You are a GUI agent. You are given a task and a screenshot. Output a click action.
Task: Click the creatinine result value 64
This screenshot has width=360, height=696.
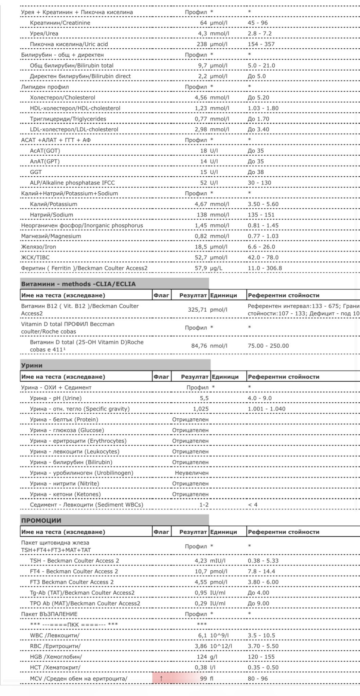point(203,23)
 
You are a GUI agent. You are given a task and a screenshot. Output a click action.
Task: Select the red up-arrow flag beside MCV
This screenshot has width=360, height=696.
point(161,679)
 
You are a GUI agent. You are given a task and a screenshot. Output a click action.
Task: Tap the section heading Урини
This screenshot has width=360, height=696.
point(32,366)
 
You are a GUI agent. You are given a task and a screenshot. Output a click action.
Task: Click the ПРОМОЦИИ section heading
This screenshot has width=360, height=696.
point(41,521)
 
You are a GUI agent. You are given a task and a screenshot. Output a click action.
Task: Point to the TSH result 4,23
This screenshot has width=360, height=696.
point(201,561)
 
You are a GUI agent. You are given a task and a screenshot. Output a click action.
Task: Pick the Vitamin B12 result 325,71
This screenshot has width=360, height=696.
point(197,310)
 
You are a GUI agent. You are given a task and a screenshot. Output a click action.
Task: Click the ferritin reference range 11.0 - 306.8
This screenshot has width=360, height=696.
point(265,268)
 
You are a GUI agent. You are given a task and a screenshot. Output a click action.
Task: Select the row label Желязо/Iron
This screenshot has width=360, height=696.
point(39,247)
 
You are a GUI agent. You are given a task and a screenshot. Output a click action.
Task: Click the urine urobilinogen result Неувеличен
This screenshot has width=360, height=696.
point(192,473)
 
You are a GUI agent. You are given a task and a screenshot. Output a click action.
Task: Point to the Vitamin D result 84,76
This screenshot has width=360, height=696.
point(199,346)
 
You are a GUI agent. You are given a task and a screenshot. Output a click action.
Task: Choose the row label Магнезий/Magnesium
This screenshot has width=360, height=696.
point(51,236)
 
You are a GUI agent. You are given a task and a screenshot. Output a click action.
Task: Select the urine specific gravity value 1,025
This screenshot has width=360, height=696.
point(201,409)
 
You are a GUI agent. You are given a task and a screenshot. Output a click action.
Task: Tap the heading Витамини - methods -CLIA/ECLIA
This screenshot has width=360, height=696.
point(78,284)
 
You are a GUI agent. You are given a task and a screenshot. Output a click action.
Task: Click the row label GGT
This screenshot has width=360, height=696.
point(36,172)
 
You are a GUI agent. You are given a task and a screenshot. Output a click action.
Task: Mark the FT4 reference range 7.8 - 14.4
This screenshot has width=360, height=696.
point(262,571)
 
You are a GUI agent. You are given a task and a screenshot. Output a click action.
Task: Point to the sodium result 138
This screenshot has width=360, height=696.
point(202,215)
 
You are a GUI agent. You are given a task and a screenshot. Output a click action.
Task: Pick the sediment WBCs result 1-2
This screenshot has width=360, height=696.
point(204,505)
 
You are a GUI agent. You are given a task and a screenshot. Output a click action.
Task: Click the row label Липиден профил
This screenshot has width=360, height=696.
point(45,87)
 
